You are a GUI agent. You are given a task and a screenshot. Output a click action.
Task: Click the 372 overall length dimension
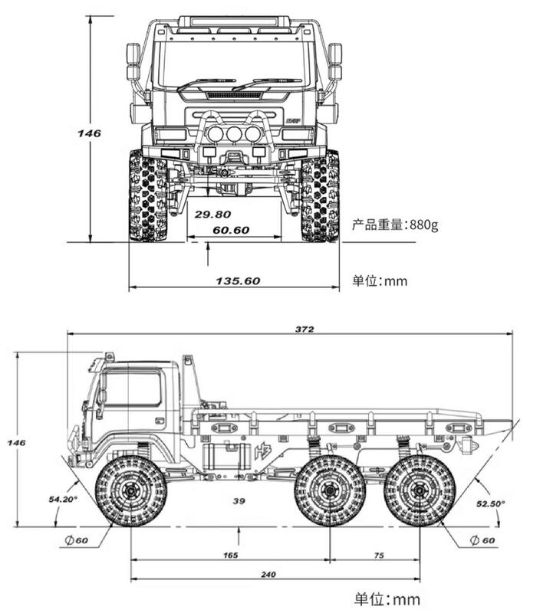(304, 329)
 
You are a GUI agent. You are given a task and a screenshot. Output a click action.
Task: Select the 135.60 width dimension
(238, 280)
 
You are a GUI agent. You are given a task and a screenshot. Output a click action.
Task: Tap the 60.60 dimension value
(231, 230)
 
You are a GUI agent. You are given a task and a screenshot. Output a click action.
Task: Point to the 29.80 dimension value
(212, 215)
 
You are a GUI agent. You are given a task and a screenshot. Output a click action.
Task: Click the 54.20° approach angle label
(63, 499)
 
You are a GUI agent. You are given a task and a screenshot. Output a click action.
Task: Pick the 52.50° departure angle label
(490, 503)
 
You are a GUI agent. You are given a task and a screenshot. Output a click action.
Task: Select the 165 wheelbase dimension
(229, 555)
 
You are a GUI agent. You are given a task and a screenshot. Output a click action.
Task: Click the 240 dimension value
(268, 574)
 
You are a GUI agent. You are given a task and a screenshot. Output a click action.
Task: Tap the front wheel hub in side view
(130, 490)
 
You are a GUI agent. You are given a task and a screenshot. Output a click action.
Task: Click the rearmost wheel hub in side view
(420, 490)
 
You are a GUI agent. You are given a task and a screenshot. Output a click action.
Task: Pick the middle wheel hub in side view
(330, 490)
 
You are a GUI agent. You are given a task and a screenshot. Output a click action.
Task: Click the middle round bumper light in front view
(233, 134)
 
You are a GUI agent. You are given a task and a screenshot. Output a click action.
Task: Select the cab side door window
(133, 388)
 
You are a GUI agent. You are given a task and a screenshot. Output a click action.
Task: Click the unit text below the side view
(387, 598)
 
